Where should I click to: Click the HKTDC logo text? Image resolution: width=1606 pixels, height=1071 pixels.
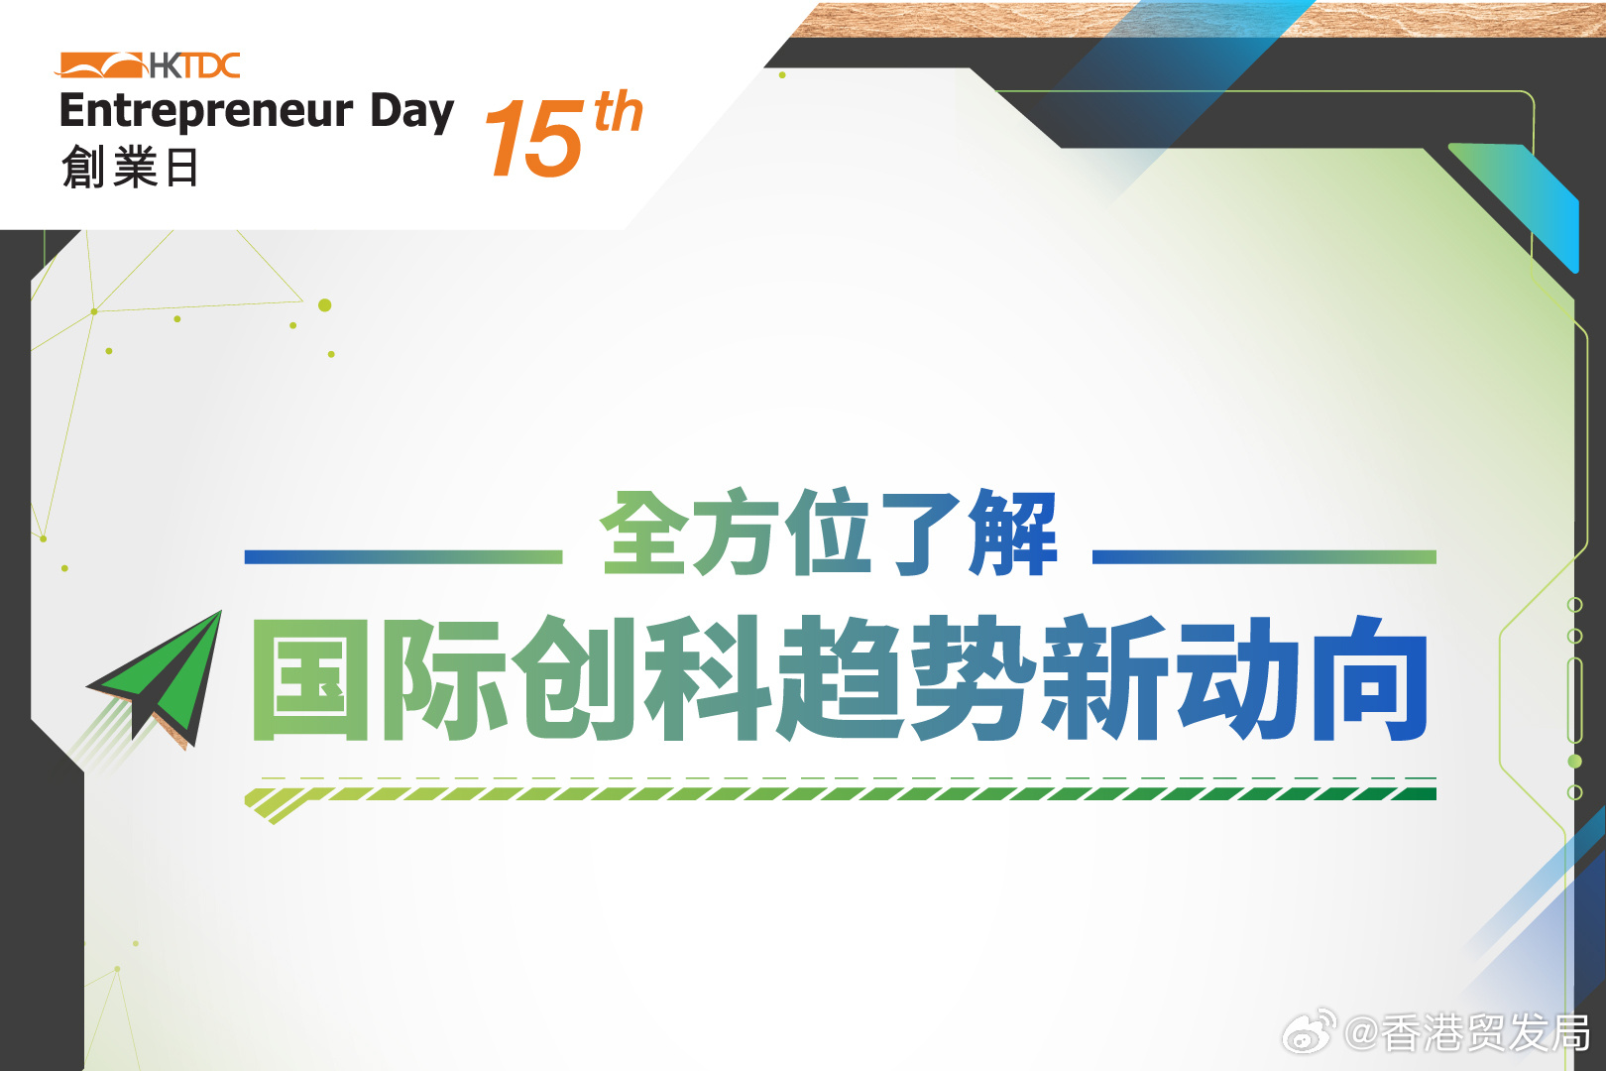pyautogui.click(x=195, y=66)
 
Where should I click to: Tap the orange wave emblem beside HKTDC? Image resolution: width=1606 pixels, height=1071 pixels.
pyautogui.click(x=100, y=65)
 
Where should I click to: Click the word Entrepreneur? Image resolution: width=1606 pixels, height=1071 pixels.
pyautogui.click(x=206, y=112)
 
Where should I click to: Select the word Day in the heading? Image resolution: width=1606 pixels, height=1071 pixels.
pyautogui.click(x=412, y=113)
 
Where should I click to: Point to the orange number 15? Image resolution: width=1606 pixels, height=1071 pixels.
pyautogui.click(x=534, y=137)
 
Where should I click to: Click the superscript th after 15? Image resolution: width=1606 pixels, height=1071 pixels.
pyautogui.click(x=618, y=112)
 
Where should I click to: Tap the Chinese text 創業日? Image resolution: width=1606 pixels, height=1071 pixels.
pyautogui.click(x=129, y=167)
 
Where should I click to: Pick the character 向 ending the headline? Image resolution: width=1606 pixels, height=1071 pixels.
pyautogui.click(x=1370, y=678)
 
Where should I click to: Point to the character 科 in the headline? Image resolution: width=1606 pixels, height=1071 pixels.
pyautogui.click(x=708, y=678)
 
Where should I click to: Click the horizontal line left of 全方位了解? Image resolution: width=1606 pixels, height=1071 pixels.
pyautogui.click(x=402, y=557)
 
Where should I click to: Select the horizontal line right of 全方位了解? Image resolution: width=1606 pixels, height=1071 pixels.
pyautogui.click(x=1264, y=557)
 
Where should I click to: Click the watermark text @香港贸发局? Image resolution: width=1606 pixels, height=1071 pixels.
pyautogui.click(x=1466, y=1033)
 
